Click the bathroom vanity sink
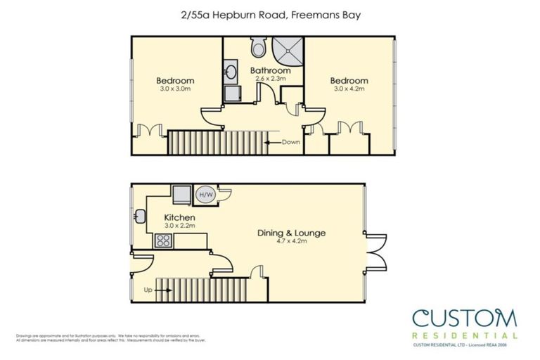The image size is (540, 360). pyautogui.click(x=231, y=72)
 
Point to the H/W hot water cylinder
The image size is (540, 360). pyautogui.click(x=206, y=195)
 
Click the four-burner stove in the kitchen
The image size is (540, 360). pyautogui.click(x=164, y=240)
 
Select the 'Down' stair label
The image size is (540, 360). pyautogui.click(x=291, y=142)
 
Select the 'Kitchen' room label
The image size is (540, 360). pyautogui.click(x=179, y=218)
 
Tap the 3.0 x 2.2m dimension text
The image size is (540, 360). pyautogui.click(x=179, y=226)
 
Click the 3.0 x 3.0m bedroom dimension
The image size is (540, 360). pyautogui.click(x=175, y=89)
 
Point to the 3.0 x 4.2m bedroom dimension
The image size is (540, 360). pyautogui.click(x=349, y=89)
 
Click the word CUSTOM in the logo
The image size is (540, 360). pyautogui.click(x=463, y=319)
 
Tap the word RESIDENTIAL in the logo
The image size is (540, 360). pyautogui.click(x=465, y=335)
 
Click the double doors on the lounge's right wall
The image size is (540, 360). pyautogui.click(x=376, y=252)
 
